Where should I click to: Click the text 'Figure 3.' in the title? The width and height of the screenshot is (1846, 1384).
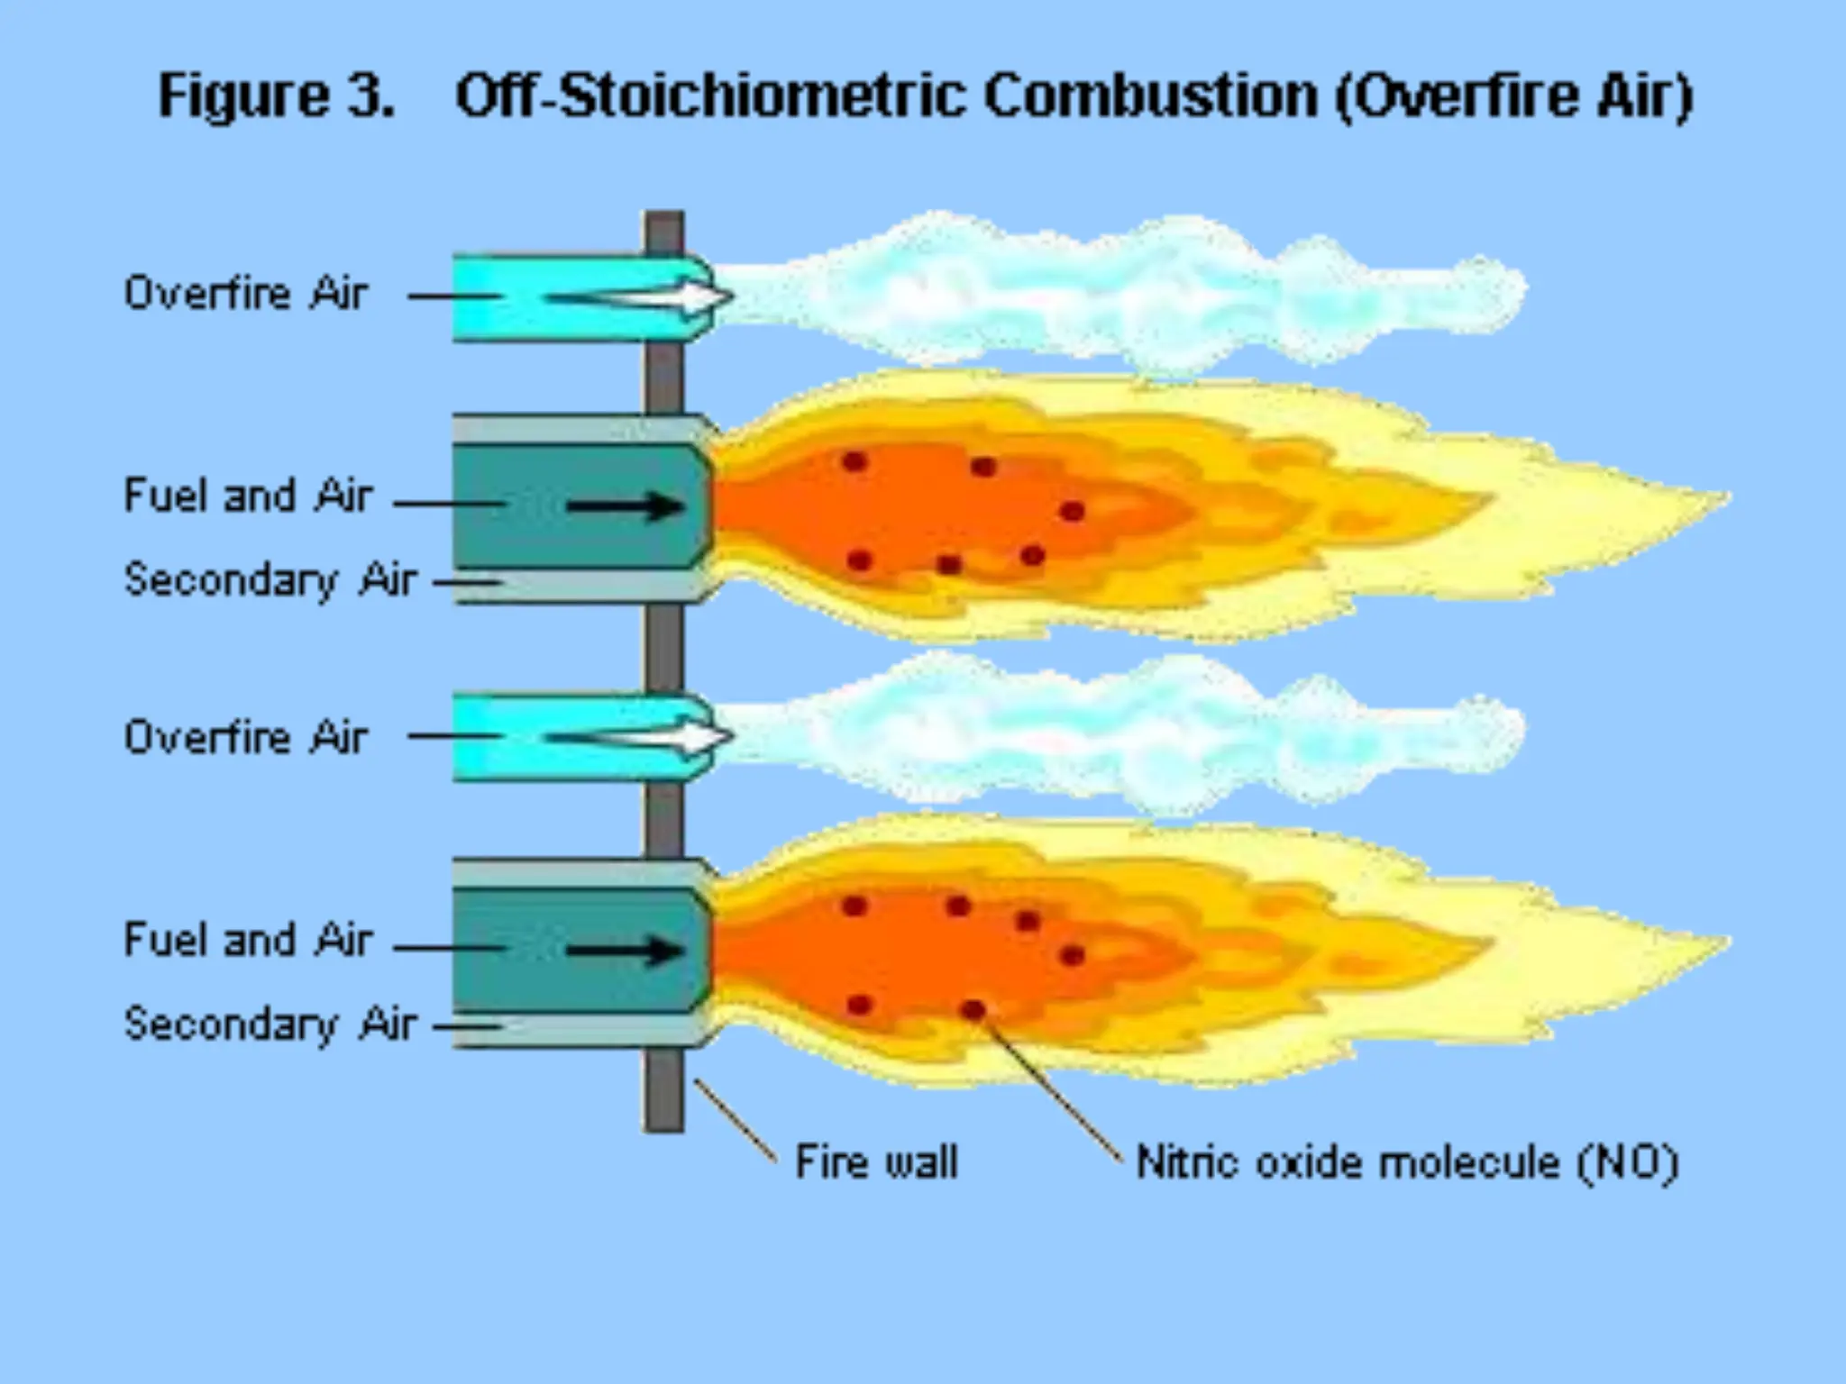[x=277, y=96]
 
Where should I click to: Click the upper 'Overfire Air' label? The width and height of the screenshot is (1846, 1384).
[x=246, y=294]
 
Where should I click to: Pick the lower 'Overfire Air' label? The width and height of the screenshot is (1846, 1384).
[x=246, y=737]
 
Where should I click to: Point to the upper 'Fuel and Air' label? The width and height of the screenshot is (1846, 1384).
[x=248, y=496]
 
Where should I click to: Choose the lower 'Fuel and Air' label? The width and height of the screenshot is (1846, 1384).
[x=248, y=940]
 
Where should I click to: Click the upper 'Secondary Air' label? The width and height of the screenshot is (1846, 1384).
[x=270, y=579]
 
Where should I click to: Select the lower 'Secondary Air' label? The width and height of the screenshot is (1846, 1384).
[x=270, y=1024]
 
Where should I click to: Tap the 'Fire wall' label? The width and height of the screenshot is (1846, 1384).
[x=876, y=1161]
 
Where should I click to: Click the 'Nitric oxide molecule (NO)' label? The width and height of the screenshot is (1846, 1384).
[x=1407, y=1161]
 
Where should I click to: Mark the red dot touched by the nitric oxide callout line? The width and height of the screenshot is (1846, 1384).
[x=973, y=1010]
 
